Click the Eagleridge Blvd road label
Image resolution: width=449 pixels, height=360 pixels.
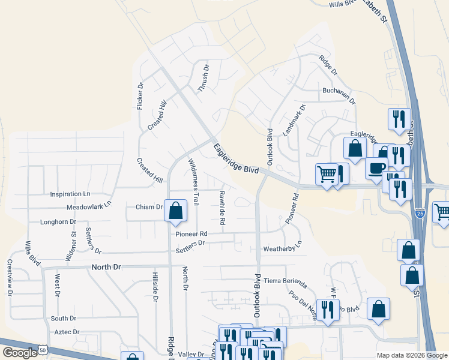(236, 158)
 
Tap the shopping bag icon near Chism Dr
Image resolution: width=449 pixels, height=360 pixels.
(175, 211)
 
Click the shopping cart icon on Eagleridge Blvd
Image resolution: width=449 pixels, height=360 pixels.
(327, 174)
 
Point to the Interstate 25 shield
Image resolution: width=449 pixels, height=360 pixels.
(420, 213)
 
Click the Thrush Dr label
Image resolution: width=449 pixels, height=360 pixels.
(204, 79)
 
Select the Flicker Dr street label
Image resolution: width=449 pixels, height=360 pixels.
(140, 95)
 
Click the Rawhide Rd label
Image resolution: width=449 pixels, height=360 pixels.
(222, 208)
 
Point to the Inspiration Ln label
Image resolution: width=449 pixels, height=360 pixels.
(70, 194)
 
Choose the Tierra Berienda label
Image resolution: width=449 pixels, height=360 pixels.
(285, 281)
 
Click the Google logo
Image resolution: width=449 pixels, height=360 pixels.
(20, 353)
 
